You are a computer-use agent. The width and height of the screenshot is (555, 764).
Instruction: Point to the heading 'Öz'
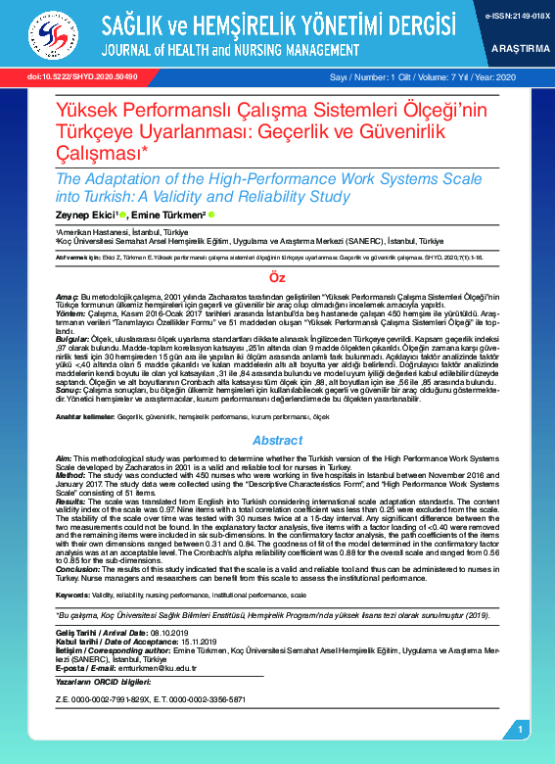coord(277,279)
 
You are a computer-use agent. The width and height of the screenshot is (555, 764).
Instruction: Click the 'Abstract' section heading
coord(277,441)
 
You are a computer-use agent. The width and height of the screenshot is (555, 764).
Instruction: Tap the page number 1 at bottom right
coord(520,730)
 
